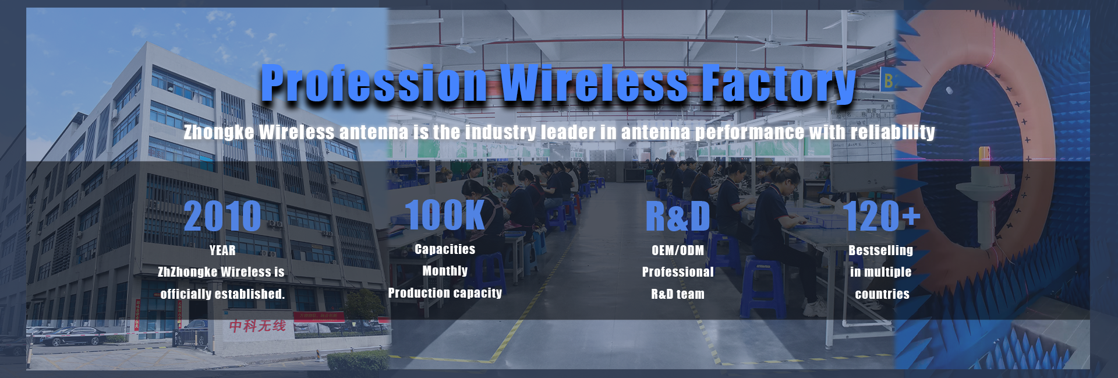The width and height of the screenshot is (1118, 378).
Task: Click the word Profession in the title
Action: tap(374, 83)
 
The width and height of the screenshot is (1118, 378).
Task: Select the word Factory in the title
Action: tap(779, 84)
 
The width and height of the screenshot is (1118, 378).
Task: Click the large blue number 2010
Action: tap(222, 216)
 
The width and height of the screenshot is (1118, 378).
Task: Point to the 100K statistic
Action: tap(444, 215)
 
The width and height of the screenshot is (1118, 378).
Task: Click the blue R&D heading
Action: tap(678, 216)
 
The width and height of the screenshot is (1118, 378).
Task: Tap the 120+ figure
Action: tap(882, 216)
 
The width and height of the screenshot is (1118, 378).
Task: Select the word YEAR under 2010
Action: tap(222, 250)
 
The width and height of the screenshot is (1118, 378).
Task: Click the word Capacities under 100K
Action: tap(445, 249)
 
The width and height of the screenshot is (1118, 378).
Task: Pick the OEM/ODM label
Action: tap(678, 250)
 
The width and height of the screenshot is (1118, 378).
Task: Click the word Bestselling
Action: tap(880, 250)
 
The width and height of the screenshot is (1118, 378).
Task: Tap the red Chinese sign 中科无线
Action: tap(257, 326)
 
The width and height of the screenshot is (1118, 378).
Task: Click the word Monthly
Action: tap(445, 271)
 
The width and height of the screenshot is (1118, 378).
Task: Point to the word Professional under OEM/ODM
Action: tap(678, 272)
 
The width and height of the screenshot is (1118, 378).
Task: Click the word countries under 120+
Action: tap(882, 294)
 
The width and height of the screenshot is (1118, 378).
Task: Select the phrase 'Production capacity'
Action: tap(445, 293)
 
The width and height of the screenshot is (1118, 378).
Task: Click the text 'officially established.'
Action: tap(222, 294)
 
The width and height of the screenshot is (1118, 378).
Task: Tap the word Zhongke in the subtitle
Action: tap(219, 132)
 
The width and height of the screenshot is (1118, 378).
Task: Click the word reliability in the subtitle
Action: tap(893, 132)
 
